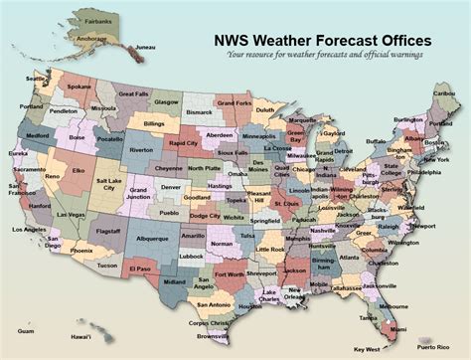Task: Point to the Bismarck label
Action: (x=199, y=112)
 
